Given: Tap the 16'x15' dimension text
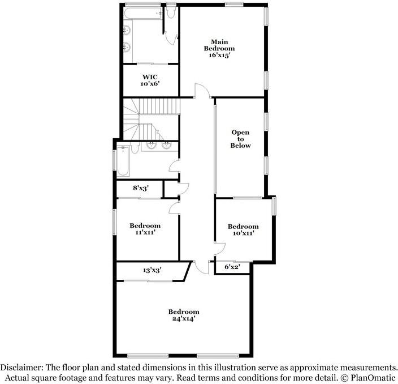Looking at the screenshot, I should click(x=219, y=56).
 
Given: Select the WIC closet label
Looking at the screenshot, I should click(x=149, y=76).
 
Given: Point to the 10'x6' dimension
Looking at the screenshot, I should click(x=149, y=84).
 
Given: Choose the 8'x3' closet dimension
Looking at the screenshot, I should click(x=141, y=188).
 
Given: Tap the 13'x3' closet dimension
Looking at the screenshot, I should click(x=152, y=271).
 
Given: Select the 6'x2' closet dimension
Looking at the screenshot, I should click(x=232, y=267).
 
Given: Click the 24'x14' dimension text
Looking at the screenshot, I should click(x=184, y=318).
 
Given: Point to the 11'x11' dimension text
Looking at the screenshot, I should click(x=145, y=232).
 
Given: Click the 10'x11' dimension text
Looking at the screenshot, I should click(x=243, y=233).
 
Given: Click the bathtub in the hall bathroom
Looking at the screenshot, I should click(x=123, y=161).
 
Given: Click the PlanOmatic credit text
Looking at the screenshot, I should click(x=371, y=377).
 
